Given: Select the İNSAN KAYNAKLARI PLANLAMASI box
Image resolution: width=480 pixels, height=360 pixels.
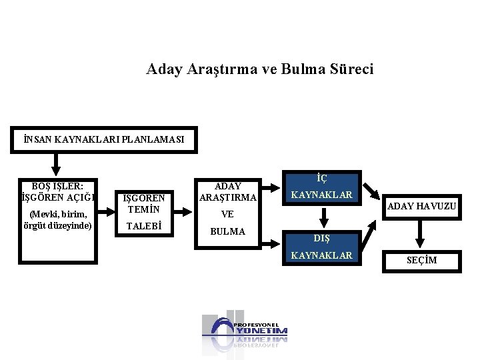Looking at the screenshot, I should click(103, 140).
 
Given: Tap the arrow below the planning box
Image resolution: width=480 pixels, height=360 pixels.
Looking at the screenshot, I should click(56, 163).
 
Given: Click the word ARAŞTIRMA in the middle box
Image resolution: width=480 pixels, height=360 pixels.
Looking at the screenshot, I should click(227, 197).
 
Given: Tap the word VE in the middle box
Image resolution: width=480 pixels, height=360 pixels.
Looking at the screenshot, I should click(227, 215).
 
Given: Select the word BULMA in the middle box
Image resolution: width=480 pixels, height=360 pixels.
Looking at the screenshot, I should click(227, 231).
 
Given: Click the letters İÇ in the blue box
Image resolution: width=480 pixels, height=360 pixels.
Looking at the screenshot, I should click(322, 179).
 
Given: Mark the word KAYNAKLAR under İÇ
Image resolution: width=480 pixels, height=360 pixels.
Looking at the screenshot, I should click(322, 195).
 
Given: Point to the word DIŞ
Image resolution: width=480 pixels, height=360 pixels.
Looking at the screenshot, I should click(322, 237).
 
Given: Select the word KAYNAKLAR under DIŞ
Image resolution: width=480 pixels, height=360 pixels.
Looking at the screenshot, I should click(322, 255).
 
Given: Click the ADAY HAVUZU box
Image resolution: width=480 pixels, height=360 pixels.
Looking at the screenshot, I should click(422, 207).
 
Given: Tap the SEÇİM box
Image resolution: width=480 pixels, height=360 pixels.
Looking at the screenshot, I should click(422, 260).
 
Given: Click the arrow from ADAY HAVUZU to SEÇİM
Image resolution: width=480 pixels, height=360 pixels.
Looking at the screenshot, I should click(421, 234).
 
